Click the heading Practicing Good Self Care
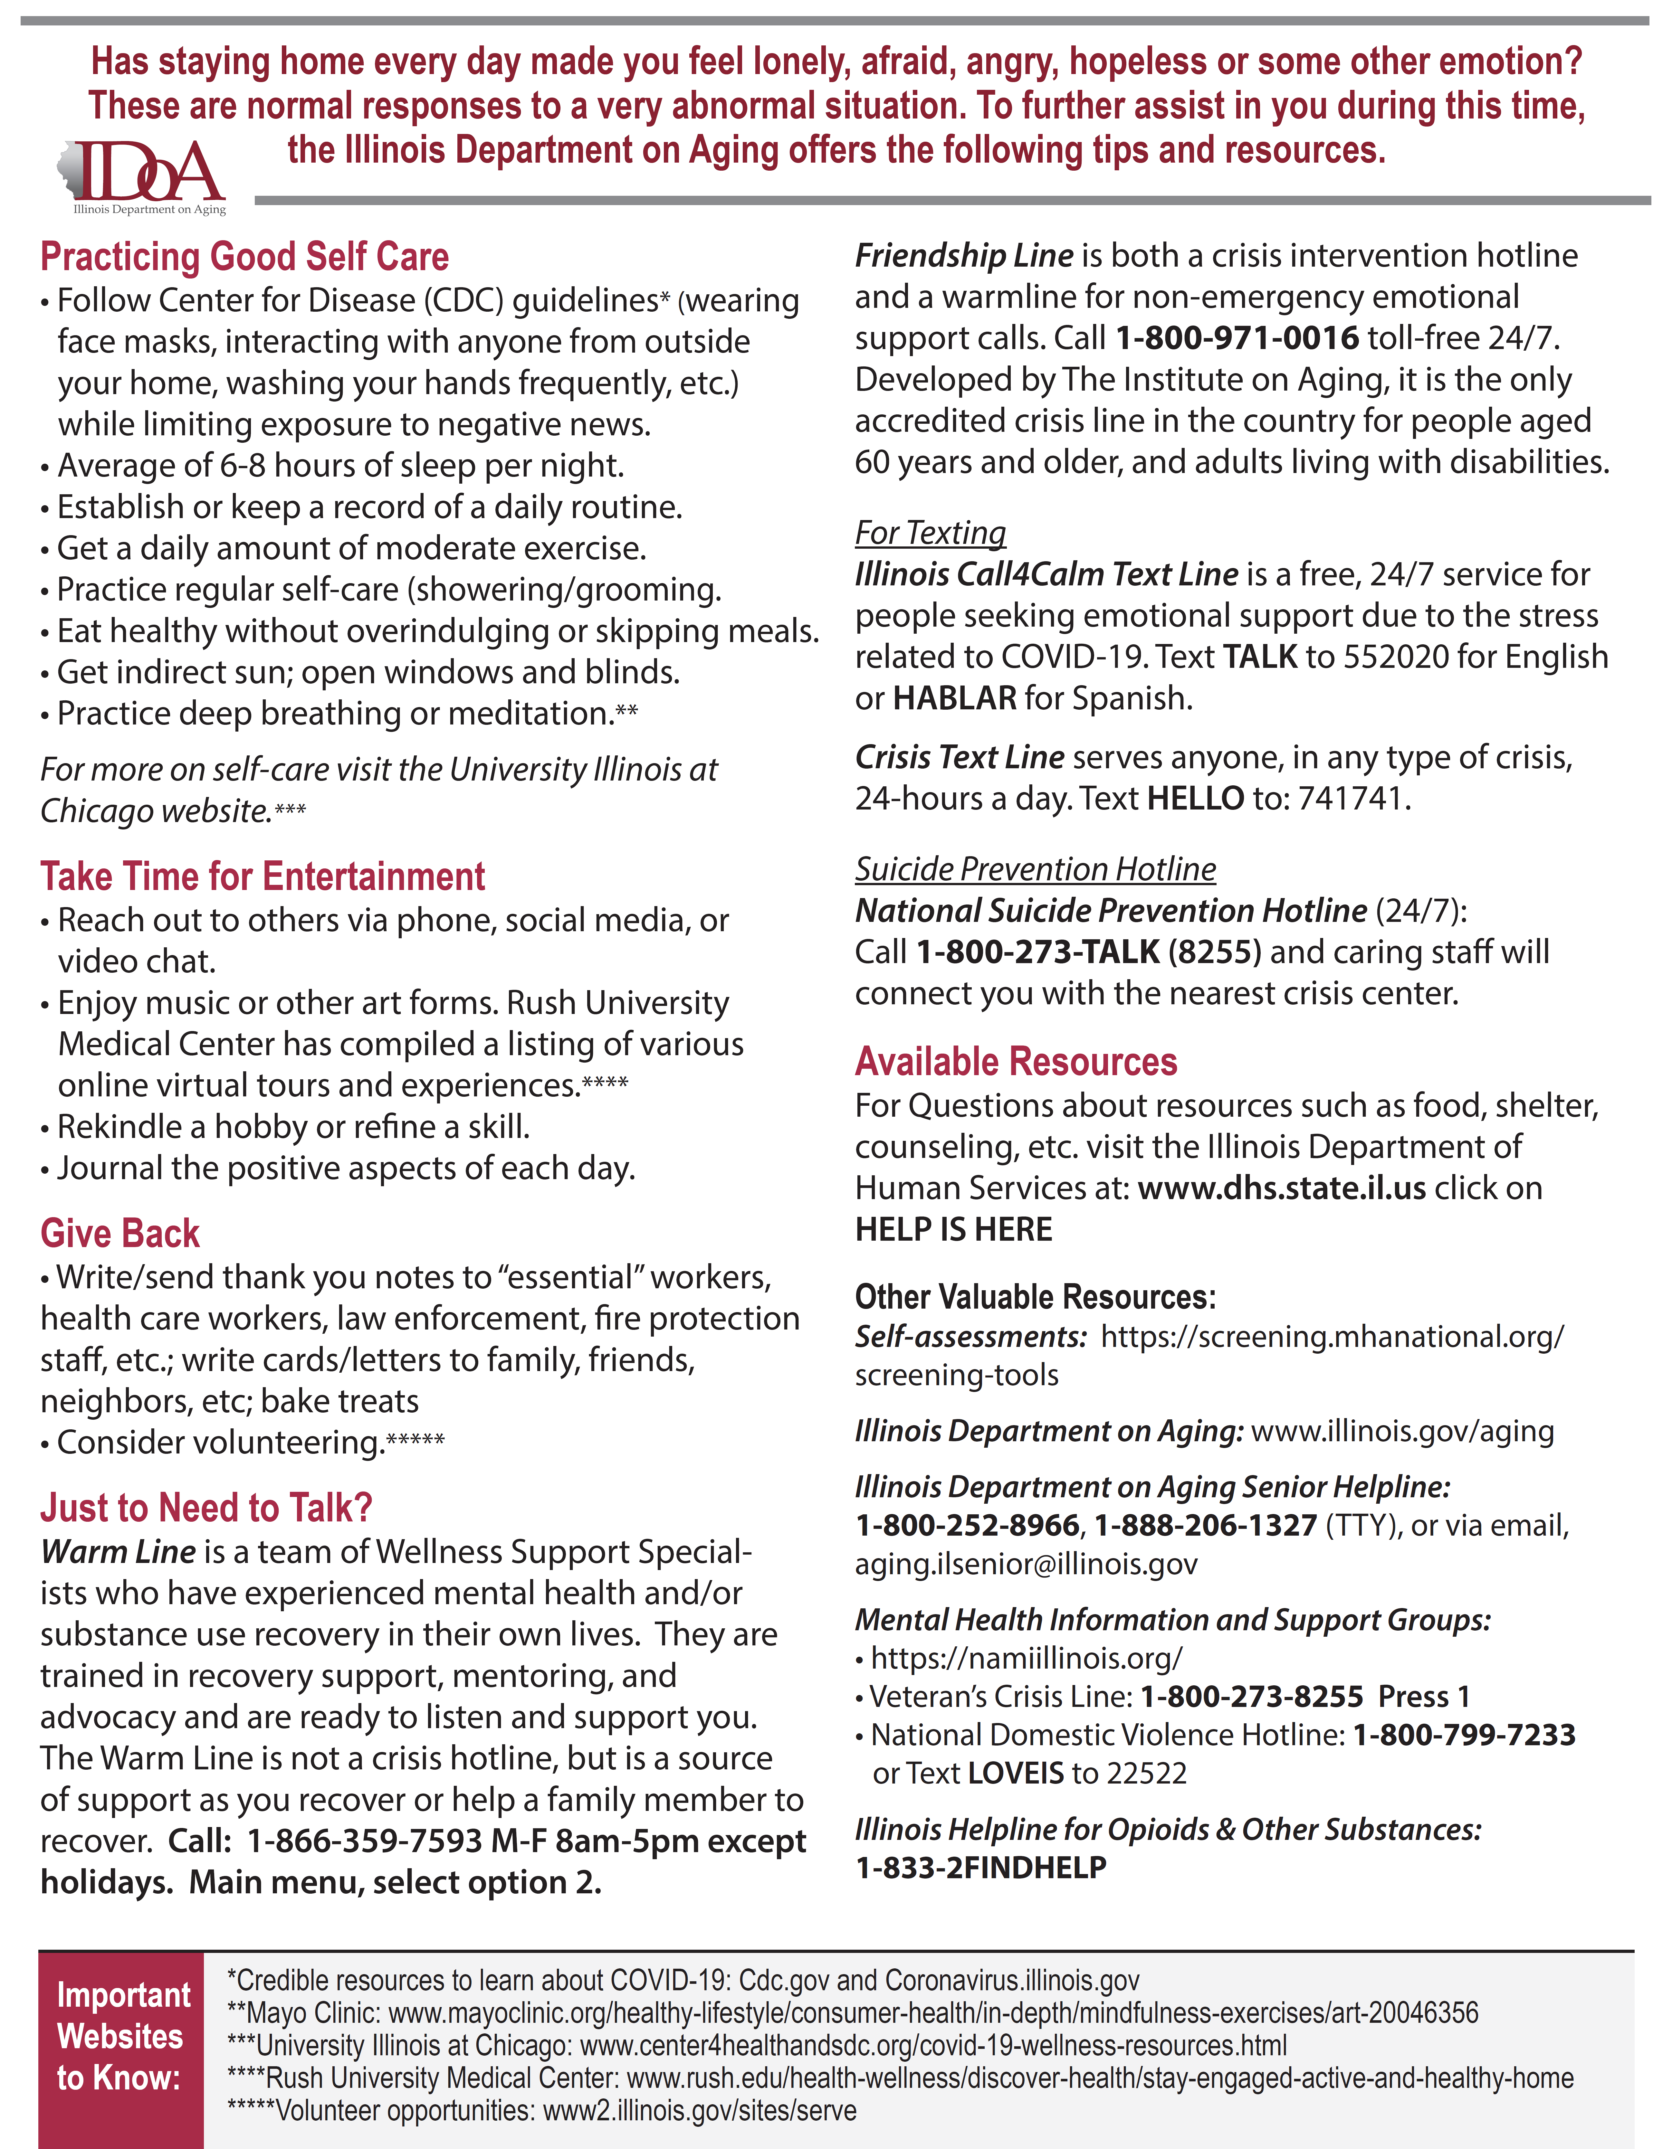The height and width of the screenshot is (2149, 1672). pos(244,257)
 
